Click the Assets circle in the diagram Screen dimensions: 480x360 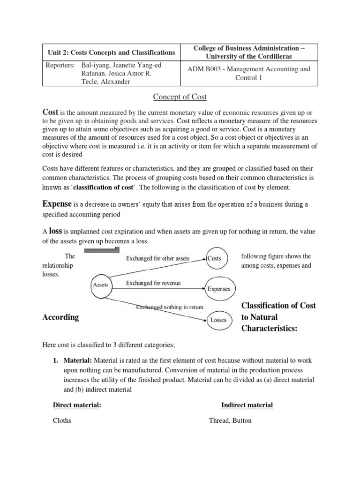(x=100, y=285)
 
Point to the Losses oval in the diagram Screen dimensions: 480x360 (x=218, y=320)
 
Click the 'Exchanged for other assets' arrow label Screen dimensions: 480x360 (x=157, y=258)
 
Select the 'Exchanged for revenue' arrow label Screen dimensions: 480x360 (x=153, y=283)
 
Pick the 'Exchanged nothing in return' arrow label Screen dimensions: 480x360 (x=169, y=307)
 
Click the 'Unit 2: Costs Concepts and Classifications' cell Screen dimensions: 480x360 (x=112, y=52)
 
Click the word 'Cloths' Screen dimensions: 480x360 (x=62, y=420)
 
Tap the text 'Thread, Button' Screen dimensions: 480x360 (x=230, y=420)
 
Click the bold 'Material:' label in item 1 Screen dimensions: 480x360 (x=76, y=360)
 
